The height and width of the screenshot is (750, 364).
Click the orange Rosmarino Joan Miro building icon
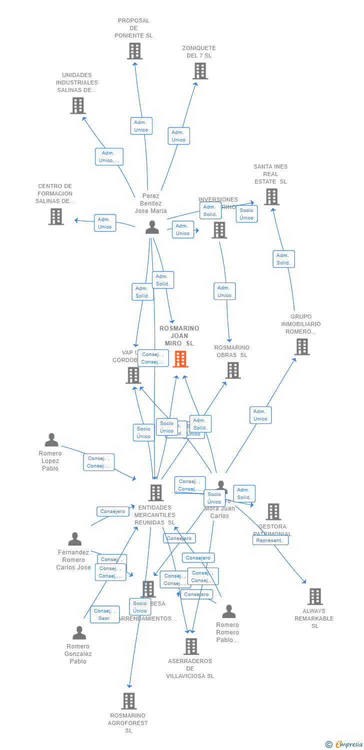(180, 358)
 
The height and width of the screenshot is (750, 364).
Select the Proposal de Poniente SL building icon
(134, 51)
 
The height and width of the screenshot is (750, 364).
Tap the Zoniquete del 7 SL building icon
(200, 71)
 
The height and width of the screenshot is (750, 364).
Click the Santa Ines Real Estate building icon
(271, 196)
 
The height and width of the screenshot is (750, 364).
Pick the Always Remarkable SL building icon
(315, 596)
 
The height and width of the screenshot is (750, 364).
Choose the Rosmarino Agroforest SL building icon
(129, 701)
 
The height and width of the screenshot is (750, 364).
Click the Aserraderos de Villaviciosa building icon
(191, 646)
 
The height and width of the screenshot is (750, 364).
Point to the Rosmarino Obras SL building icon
(233, 370)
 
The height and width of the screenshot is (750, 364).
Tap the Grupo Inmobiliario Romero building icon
(302, 346)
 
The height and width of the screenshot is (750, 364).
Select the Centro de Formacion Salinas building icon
(56, 216)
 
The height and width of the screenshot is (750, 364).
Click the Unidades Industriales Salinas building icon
(78, 105)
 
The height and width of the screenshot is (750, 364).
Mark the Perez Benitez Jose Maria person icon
(152, 227)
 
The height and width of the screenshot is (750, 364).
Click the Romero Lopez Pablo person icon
(51, 440)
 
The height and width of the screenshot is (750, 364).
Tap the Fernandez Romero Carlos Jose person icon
(75, 539)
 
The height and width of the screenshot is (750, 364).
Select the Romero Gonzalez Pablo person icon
(79, 632)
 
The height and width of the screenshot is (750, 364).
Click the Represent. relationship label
(270, 540)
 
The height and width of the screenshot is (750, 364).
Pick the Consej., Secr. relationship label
(104, 614)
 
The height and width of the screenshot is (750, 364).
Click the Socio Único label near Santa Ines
(246, 214)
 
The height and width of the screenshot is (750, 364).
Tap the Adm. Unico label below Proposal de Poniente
(141, 126)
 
